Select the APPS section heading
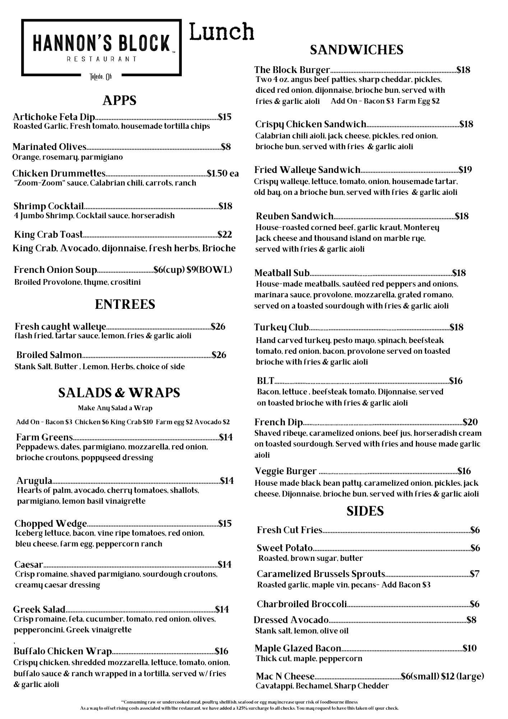(119, 100)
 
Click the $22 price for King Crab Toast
(225, 234)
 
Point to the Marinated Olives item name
(50, 147)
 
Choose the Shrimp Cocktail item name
(49, 206)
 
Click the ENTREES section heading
(125, 304)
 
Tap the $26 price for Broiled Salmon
(219, 355)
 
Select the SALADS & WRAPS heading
(119, 393)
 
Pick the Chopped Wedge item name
(51, 523)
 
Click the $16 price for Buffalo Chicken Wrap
(222, 651)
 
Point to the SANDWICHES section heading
(356, 50)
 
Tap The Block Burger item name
(292, 70)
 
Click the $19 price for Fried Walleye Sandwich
(465, 170)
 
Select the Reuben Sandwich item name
(295, 216)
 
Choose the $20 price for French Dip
(470, 422)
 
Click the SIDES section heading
(365, 511)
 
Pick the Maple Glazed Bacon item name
(298, 648)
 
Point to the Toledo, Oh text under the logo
(101, 77)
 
